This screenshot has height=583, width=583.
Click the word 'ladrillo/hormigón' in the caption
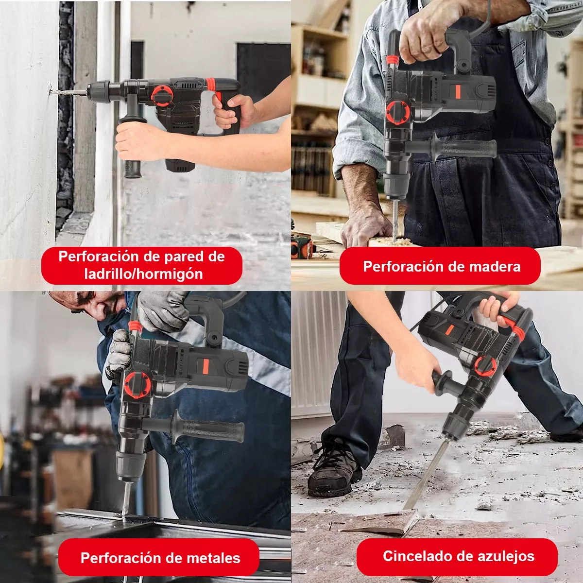pyautogui.click(x=143, y=274)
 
